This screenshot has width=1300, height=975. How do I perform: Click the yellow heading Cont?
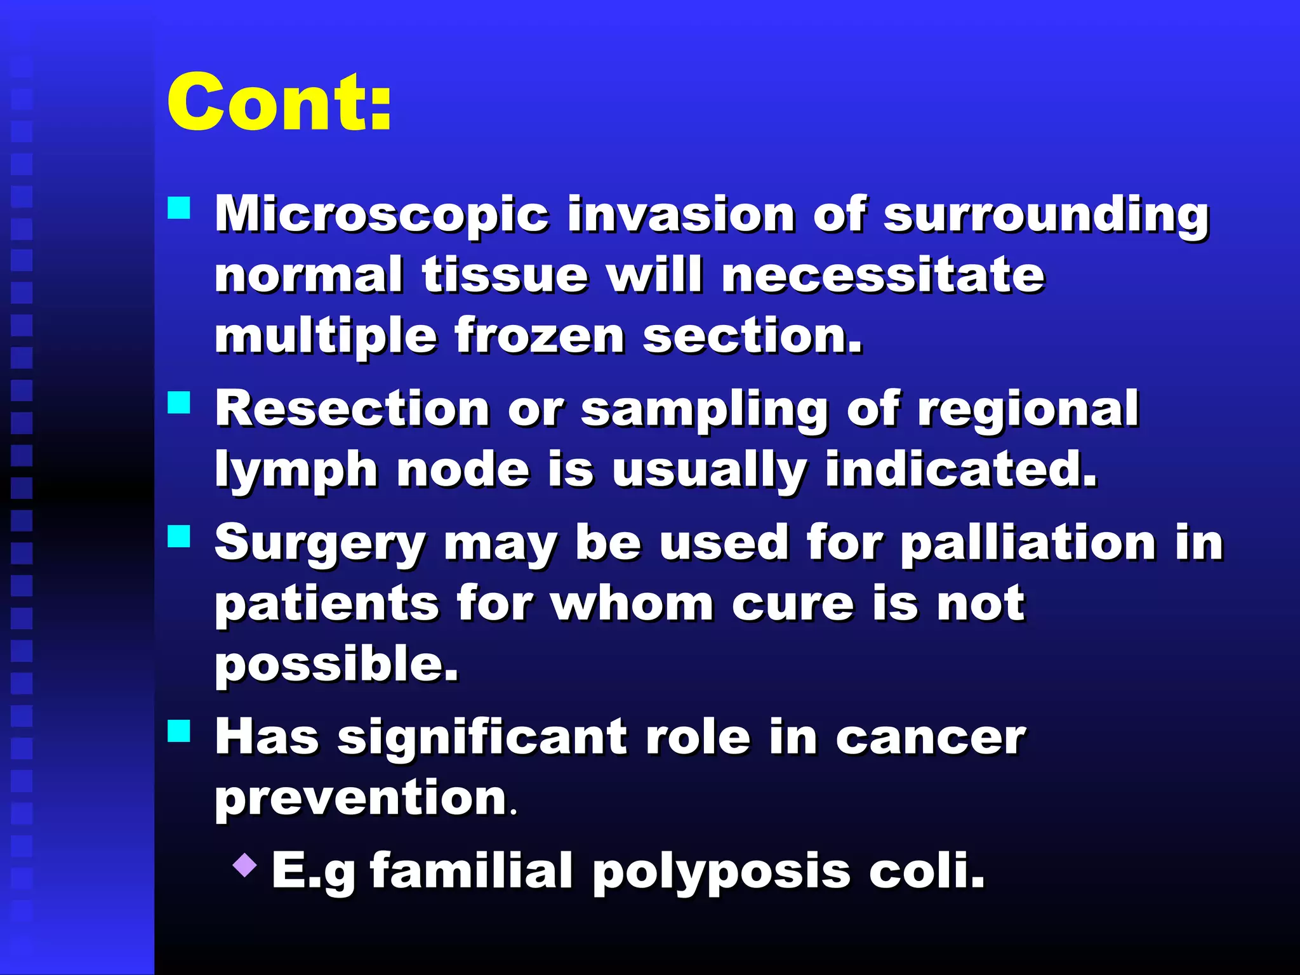pos(279,102)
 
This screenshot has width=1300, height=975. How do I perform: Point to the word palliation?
pos(1028,543)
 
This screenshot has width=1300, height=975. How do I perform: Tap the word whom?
pos(632,603)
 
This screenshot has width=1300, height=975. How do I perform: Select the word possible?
pos(336,665)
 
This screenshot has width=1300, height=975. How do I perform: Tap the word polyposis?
pos(721,872)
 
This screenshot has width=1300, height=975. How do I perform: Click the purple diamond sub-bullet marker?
pos(245,865)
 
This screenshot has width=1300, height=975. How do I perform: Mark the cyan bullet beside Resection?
pos(179,402)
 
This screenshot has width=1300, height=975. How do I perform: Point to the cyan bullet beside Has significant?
pos(179,731)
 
